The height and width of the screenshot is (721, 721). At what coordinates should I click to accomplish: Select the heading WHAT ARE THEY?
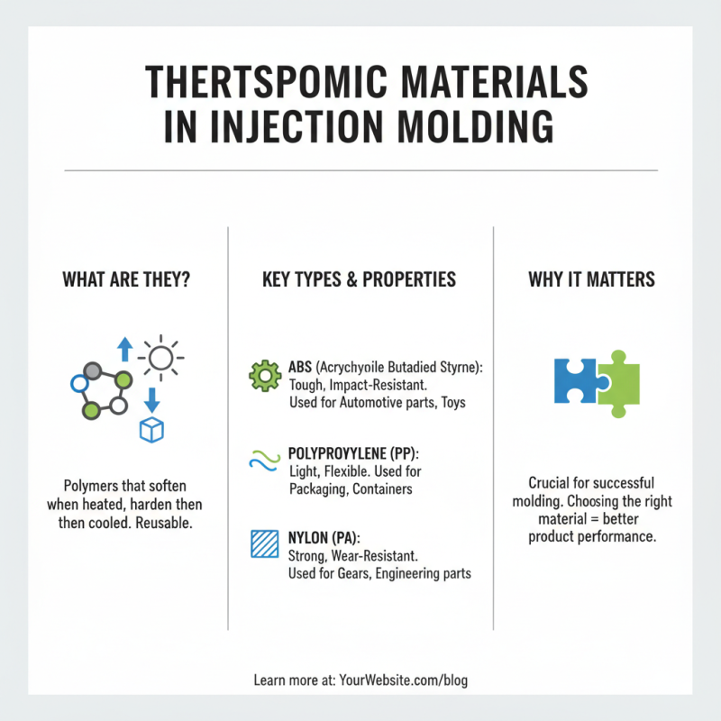pos(125,279)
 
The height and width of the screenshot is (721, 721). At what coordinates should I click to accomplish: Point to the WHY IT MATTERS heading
pos(591,279)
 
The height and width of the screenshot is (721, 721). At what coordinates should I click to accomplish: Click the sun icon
pos(160,360)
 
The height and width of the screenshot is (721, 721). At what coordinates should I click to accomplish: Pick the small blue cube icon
pos(151,430)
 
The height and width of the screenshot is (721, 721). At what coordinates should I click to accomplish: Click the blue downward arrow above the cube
pos(151,397)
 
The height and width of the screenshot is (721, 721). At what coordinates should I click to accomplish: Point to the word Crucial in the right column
pos(549,483)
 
